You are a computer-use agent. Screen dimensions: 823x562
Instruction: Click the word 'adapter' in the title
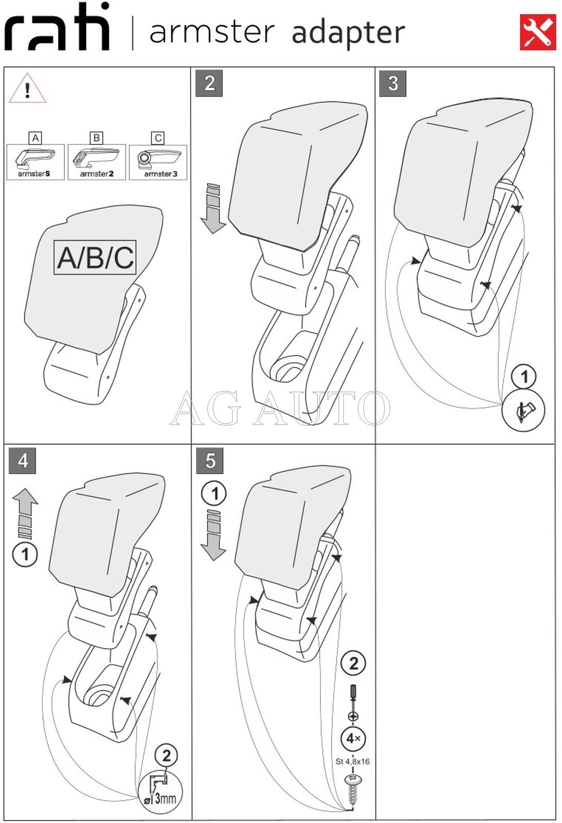[348, 33]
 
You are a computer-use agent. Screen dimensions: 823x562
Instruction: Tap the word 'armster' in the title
[212, 32]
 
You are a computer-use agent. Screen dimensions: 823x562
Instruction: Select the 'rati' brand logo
[57, 28]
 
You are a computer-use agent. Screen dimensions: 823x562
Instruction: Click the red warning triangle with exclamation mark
[27, 89]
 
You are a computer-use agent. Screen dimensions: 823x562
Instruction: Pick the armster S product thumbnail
[35, 162]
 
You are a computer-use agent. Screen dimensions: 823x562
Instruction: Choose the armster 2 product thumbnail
[96, 162]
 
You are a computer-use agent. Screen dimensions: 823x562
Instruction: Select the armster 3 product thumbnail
[158, 162]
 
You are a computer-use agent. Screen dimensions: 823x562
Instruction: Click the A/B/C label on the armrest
[95, 257]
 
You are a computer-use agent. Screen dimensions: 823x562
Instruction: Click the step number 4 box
[23, 460]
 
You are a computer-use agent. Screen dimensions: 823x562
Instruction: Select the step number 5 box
[210, 460]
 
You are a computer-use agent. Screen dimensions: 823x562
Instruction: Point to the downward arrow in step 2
[213, 208]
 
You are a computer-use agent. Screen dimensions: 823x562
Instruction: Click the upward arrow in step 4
[25, 513]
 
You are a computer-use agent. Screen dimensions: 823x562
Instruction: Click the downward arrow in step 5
[213, 535]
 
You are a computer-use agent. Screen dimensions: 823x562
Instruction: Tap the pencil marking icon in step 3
[523, 410]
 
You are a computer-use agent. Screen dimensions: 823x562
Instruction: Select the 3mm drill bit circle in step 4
[161, 792]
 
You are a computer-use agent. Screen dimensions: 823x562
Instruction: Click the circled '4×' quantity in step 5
[353, 738]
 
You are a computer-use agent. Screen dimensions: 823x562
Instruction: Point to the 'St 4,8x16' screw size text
[353, 761]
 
